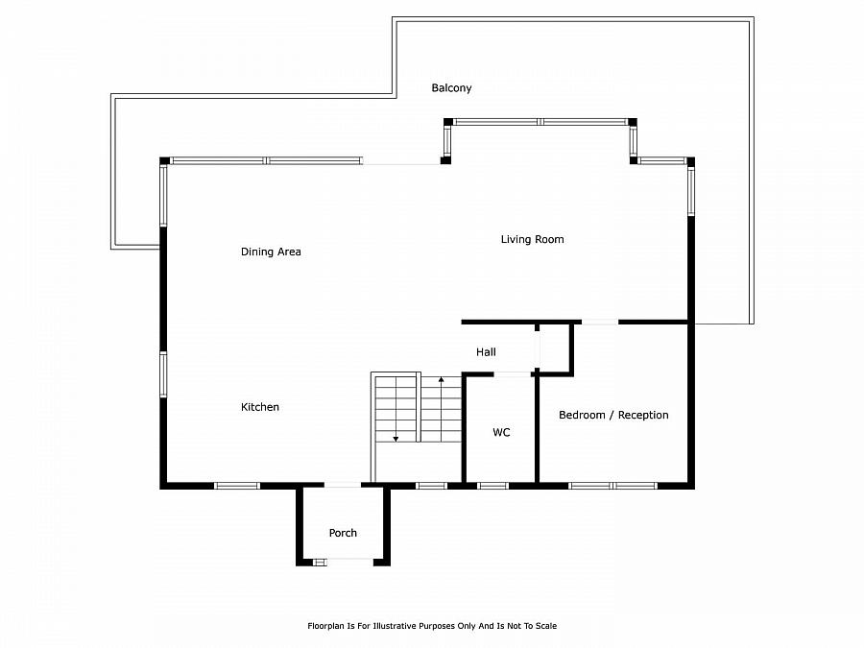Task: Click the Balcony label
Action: click(x=451, y=88)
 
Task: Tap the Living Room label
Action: click(x=532, y=239)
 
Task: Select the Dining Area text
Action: click(x=271, y=252)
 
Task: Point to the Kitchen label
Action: click(x=259, y=407)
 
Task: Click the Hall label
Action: click(x=486, y=352)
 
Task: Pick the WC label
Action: click(x=501, y=433)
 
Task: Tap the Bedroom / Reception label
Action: click(x=613, y=415)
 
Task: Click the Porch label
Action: click(x=343, y=533)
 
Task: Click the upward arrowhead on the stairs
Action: click(x=441, y=379)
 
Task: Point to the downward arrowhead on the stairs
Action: click(x=396, y=439)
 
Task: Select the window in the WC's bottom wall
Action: click(x=492, y=486)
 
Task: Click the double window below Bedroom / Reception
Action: click(x=612, y=486)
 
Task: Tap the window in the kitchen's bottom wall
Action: click(x=237, y=486)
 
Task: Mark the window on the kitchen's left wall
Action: click(x=163, y=374)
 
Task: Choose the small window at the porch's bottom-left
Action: click(x=320, y=562)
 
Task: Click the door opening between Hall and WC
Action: click(x=512, y=374)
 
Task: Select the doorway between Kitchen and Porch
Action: click(x=342, y=486)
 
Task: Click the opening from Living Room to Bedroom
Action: click(x=600, y=322)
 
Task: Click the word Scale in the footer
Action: click(x=545, y=626)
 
